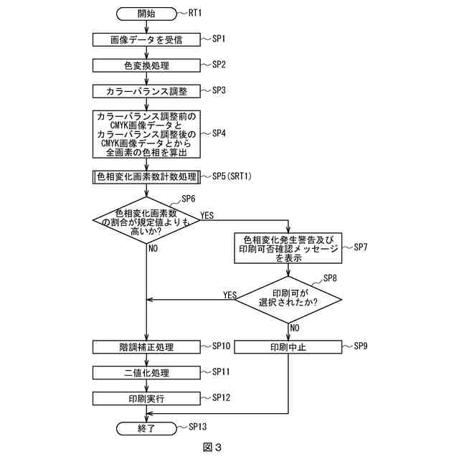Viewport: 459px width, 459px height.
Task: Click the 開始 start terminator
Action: pyautogui.click(x=146, y=14)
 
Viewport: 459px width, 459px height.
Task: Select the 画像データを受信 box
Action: pyautogui.click(x=146, y=39)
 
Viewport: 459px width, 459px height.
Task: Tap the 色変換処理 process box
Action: pyautogui.click(x=146, y=65)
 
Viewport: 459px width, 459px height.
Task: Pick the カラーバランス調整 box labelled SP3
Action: pyautogui.click(x=146, y=91)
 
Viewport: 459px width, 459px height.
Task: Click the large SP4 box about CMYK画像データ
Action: pyautogui.click(x=146, y=134)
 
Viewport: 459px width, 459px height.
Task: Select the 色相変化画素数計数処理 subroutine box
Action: pyautogui.click(x=146, y=176)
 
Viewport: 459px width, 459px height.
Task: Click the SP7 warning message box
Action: pyautogui.click(x=288, y=247)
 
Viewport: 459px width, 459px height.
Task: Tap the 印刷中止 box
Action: pyautogui.click(x=288, y=347)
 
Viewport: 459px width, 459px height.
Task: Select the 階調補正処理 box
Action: pyautogui.click(x=146, y=347)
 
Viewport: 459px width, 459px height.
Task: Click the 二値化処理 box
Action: pyautogui.click(x=146, y=373)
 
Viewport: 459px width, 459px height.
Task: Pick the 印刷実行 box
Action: pyautogui.click(x=146, y=398)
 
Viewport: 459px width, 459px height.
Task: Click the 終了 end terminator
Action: pyautogui.click(x=146, y=428)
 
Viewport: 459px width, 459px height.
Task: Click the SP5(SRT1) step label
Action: pyautogui.click(x=230, y=176)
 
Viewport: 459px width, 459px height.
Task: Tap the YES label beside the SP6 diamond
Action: pyautogui.click(x=207, y=214)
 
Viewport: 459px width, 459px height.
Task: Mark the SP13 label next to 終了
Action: pyautogui.click(x=197, y=427)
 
